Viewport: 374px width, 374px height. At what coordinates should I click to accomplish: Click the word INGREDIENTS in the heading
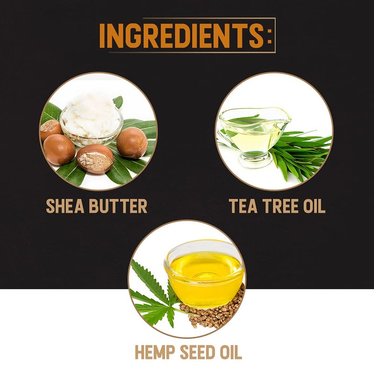tap(181, 36)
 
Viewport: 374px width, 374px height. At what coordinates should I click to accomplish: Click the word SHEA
tap(65, 206)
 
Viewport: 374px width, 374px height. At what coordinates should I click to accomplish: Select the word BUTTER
tap(118, 206)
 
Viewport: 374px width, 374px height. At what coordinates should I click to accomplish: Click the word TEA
tap(243, 206)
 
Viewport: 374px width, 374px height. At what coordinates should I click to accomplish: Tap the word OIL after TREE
tap(314, 206)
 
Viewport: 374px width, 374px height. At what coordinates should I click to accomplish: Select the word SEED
tap(197, 352)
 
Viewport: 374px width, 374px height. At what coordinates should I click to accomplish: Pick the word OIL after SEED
tap(231, 352)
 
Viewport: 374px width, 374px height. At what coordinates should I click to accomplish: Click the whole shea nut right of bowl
tap(132, 143)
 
